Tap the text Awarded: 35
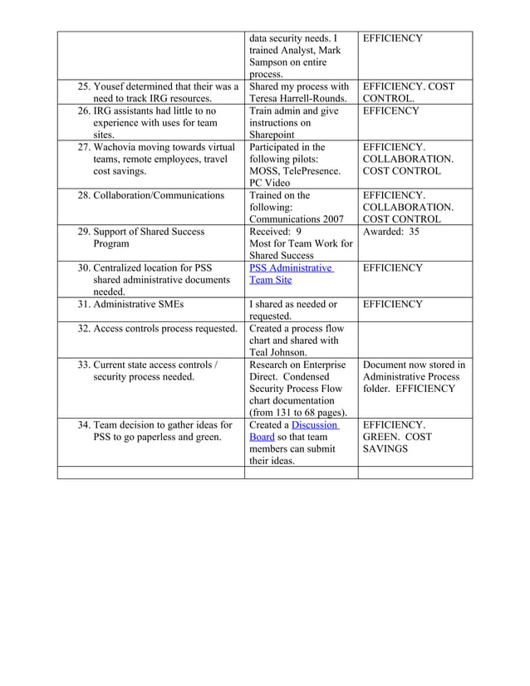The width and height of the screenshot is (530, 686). (390, 232)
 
